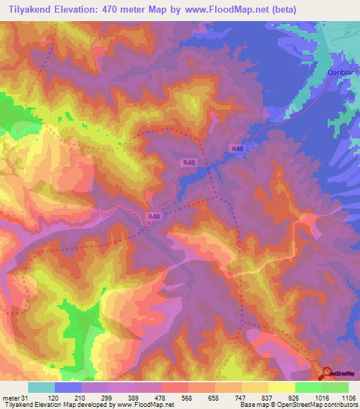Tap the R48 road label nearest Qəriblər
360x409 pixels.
[x=238, y=149]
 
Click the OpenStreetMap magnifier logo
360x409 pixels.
[x=327, y=374]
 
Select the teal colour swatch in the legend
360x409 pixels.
[x=41, y=387]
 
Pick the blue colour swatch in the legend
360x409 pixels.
[x=68, y=387]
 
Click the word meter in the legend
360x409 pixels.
[x=11, y=398]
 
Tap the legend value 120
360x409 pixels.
[x=53, y=398]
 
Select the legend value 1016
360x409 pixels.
[x=321, y=398]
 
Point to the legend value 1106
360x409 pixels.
[x=348, y=398]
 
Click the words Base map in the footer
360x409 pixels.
[x=252, y=405]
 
